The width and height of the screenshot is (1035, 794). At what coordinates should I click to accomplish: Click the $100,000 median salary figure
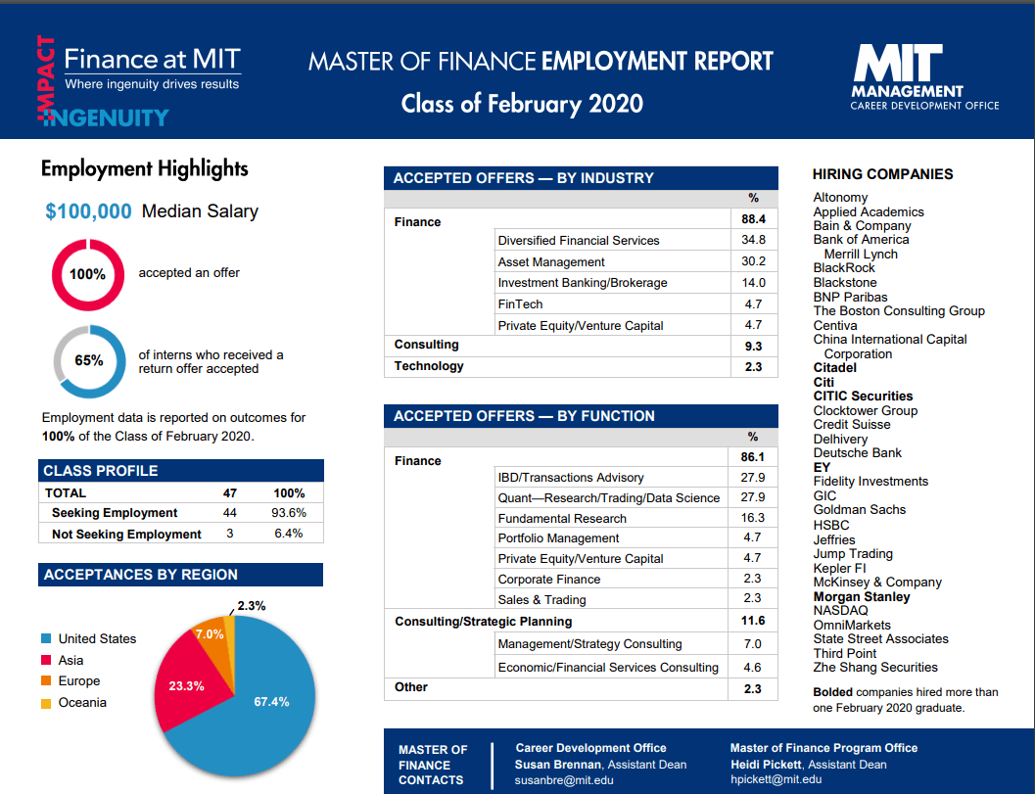click(x=88, y=211)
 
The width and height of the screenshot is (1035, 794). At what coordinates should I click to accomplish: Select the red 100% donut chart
click(x=87, y=274)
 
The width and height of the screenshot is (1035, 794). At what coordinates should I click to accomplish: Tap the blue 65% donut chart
click(x=88, y=360)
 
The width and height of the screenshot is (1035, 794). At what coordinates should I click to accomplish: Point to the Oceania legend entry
click(x=82, y=703)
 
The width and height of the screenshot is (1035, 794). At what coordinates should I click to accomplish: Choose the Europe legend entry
click(x=79, y=681)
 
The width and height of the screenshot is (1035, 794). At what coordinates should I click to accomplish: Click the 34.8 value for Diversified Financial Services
click(x=753, y=240)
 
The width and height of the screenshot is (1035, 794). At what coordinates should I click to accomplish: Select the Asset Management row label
click(x=551, y=261)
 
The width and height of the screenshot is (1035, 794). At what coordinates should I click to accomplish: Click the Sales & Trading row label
click(x=541, y=600)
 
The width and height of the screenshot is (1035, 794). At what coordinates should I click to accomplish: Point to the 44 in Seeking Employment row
click(x=230, y=513)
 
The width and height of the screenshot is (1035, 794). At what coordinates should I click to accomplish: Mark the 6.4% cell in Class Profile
click(x=289, y=534)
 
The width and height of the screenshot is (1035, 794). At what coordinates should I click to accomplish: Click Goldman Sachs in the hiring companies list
click(x=859, y=510)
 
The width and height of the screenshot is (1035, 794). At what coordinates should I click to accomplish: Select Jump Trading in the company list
click(x=853, y=554)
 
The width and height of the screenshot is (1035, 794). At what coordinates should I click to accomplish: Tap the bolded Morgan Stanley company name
click(x=862, y=597)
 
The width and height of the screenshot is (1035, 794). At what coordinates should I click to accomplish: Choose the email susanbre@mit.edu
click(x=564, y=780)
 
